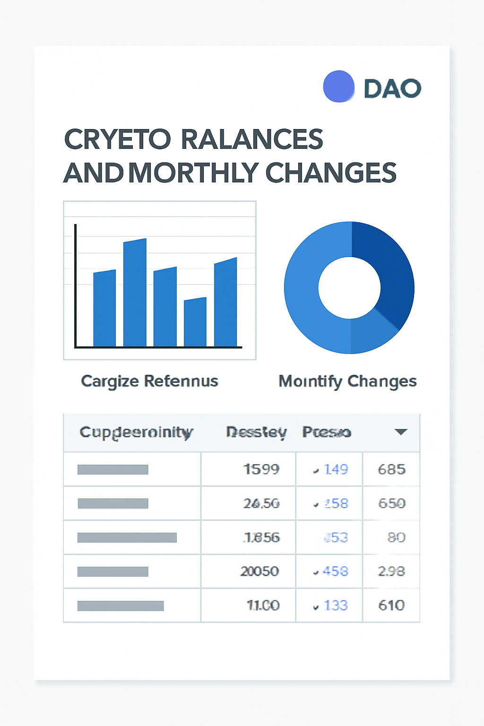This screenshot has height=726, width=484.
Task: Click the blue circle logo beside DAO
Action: pyautogui.click(x=338, y=86)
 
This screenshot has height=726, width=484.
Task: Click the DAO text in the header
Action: pyautogui.click(x=392, y=88)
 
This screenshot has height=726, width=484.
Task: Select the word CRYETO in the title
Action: pyautogui.click(x=117, y=139)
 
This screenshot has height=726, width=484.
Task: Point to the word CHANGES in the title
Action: pyautogui.click(x=330, y=173)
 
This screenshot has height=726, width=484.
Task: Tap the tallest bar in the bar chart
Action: pyautogui.click(x=135, y=293)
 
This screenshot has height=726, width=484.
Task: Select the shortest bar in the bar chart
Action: pyautogui.click(x=195, y=322)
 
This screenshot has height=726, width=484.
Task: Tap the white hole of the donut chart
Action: pyautogui.click(x=349, y=288)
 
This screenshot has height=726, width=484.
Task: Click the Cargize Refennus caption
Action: pyautogui.click(x=149, y=381)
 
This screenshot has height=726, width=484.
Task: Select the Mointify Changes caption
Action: pyautogui.click(x=347, y=381)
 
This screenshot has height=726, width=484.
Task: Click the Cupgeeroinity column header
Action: pyautogui.click(x=136, y=432)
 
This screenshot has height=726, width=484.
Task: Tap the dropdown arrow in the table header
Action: pyautogui.click(x=401, y=432)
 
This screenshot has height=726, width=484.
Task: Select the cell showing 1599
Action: pyautogui.click(x=261, y=469)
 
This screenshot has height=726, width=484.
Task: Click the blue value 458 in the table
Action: pyautogui.click(x=335, y=571)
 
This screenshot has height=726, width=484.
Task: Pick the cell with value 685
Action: pyautogui.click(x=391, y=469)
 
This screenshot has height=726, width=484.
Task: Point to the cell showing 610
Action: pyautogui.click(x=391, y=605)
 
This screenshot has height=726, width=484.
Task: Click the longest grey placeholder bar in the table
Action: pyautogui.click(x=127, y=537)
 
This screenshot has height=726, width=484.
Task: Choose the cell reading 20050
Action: pyautogui.click(x=259, y=571)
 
